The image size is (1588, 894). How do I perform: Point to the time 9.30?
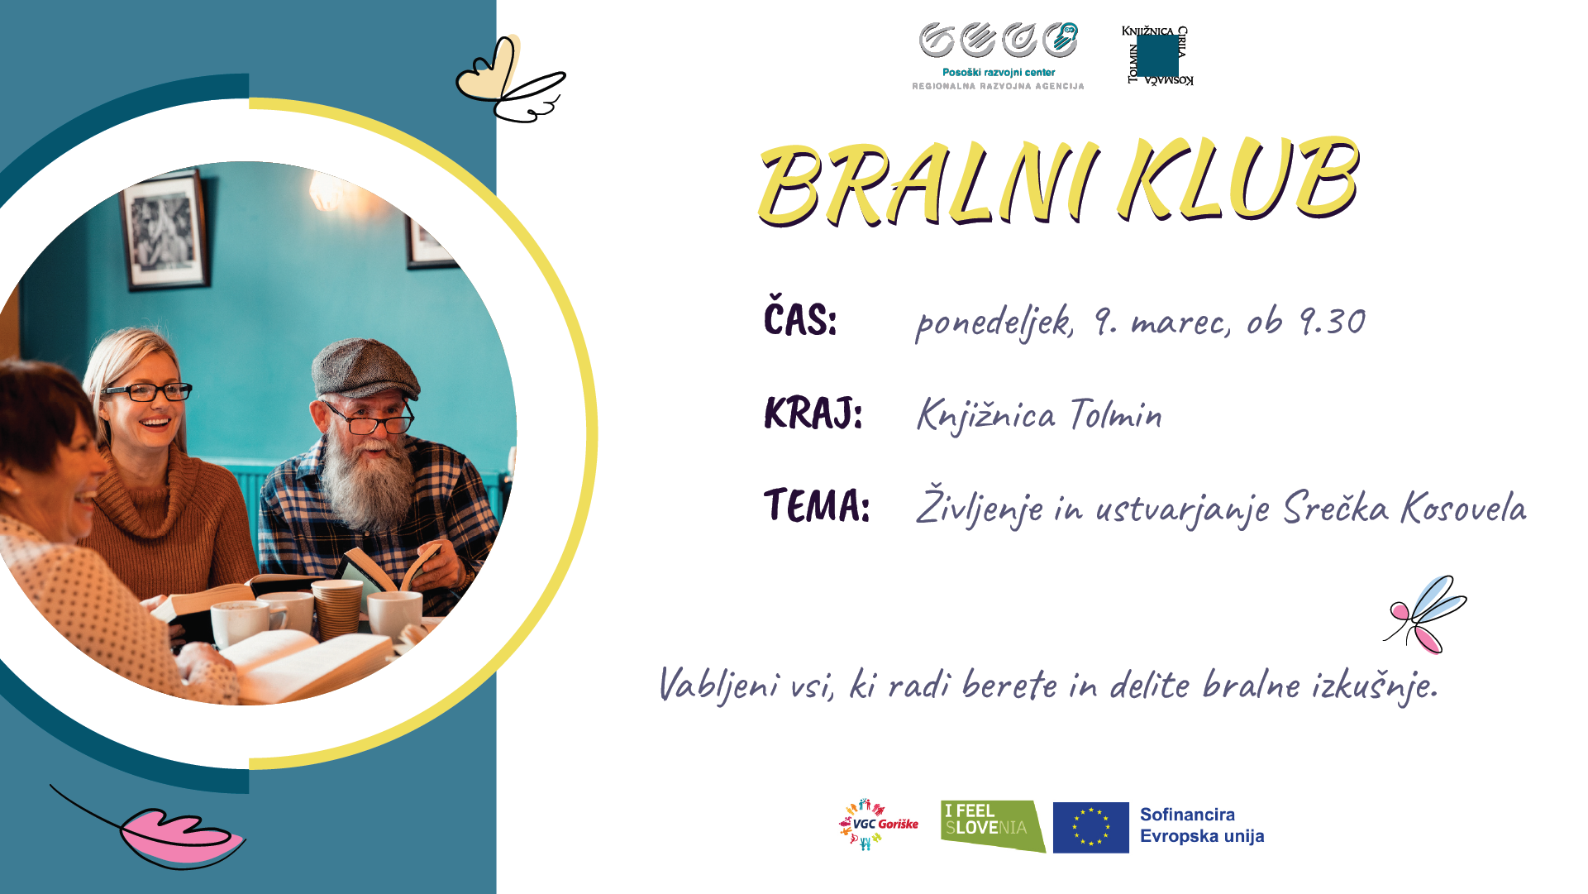click(1333, 322)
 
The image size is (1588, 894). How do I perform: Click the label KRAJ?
click(813, 412)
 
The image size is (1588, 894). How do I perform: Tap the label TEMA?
click(817, 505)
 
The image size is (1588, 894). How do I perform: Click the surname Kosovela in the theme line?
click(1464, 508)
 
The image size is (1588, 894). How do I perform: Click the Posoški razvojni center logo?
click(999, 56)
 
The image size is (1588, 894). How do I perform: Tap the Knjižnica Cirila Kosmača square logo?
click(1157, 55)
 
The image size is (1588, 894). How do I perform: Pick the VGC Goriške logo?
click(879, 825)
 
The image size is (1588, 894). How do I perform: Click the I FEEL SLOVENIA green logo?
click(993, 826)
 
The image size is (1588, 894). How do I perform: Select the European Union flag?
click(1091, 827)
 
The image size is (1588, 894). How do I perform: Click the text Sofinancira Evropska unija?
click(1202, 825)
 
